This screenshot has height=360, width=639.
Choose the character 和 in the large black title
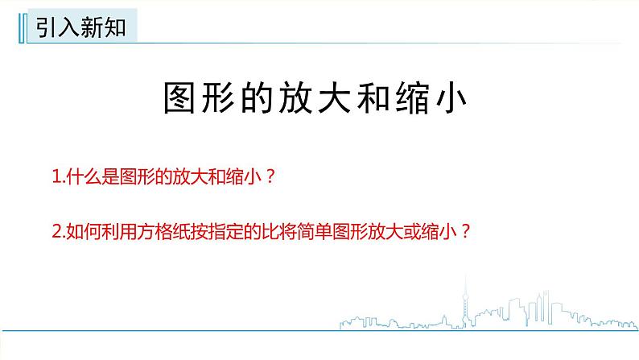pos(389,102)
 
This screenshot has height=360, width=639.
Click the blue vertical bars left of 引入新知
pos(20,31)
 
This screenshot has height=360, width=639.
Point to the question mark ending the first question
pos(270,178)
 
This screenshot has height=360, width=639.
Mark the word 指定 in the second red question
pos(235,231)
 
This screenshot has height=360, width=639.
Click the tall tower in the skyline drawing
pos(470,302)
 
